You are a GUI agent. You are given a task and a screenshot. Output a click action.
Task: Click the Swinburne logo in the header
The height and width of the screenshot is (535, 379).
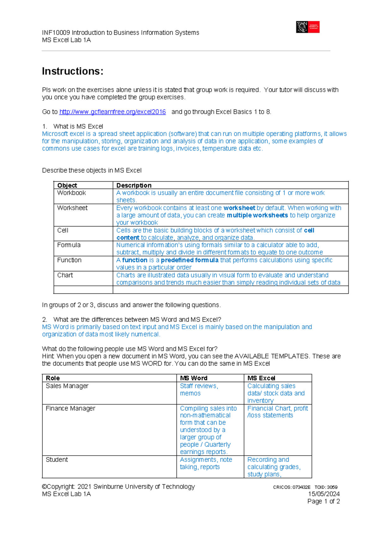308,27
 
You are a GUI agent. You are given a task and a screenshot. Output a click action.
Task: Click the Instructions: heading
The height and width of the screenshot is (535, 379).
73,71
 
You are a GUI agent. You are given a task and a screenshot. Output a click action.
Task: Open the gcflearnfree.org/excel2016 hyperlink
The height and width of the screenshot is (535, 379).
112,112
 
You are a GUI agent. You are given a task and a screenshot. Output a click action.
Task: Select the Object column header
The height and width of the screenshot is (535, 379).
67,185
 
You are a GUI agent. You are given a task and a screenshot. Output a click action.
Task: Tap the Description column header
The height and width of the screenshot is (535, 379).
134,185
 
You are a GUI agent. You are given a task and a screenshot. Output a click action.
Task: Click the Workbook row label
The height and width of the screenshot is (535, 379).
71,193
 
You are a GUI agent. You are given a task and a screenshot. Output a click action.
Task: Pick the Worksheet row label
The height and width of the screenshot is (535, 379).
72,208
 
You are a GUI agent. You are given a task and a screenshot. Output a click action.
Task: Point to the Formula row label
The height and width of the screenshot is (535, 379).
69,245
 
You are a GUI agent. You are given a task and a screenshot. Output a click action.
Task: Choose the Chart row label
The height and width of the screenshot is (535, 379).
65,275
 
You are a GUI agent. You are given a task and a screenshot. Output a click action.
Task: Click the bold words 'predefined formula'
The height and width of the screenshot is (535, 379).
189,260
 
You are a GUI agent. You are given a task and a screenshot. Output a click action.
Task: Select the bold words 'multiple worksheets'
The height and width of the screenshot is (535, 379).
257,215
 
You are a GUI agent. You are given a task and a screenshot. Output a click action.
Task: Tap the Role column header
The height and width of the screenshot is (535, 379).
53,378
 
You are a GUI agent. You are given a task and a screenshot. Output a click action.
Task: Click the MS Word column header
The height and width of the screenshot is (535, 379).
194,378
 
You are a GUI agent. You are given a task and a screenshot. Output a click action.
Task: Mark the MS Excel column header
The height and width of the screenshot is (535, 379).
261,378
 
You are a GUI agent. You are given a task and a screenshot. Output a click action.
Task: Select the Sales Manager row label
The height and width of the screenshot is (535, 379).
67,386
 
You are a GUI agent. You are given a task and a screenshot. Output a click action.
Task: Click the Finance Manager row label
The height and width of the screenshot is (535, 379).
70,408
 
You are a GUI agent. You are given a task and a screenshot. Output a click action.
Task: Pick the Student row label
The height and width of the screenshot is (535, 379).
57,460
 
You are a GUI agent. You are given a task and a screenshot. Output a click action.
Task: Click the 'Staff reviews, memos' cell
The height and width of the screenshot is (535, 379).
199,390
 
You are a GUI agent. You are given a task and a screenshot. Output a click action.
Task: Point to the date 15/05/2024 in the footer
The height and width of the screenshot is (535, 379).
324,494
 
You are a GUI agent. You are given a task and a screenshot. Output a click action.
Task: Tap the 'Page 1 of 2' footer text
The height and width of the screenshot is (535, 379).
323,501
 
